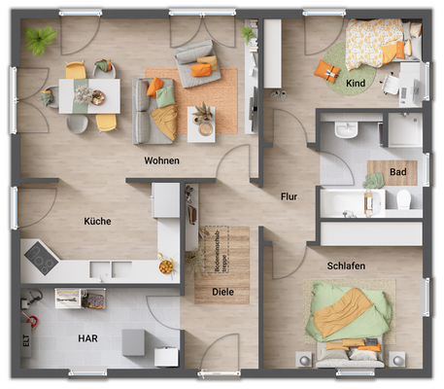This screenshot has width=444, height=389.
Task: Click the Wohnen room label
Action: pyautogui.click(x=161, y=160)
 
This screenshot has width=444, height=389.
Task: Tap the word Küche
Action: pyautogui.click(x=97, y=221)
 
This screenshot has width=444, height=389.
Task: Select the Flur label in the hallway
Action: pyautogui.click(x=288, y=196)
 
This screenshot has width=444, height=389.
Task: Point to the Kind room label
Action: pyautogui.click(x=357, y=85)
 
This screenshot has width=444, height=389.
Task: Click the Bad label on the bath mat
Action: pyautogui.click(x=397, y=173)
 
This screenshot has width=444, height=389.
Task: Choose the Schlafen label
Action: pyautogui.click(x=347, y=265)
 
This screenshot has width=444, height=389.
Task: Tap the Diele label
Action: pyautogui.click(x=222, y=291)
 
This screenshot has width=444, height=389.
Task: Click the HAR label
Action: pyautogui.click(x=88, y=338)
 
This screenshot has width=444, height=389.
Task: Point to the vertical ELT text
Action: pyautogui.click(x=25, y=341)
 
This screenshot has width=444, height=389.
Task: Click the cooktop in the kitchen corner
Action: pyautogui.click(x=42, y=257)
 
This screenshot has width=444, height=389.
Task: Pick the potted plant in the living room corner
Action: pyautogui.click(x=41, y=41)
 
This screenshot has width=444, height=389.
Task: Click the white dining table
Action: pyautogui.click(x=89, y=95)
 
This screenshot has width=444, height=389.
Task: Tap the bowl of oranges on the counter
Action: pyautogui.click(x=166, y=265)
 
